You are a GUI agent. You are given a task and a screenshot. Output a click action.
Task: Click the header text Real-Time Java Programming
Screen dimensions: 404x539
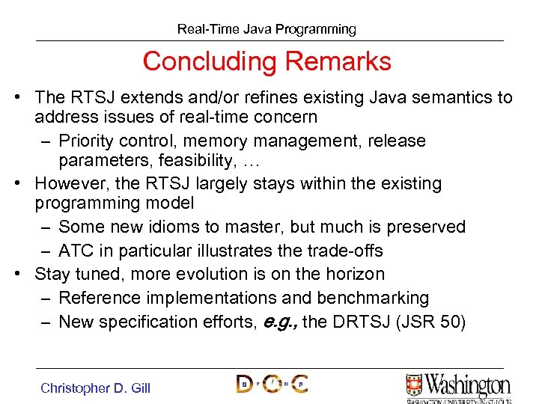click(x=267, y=29)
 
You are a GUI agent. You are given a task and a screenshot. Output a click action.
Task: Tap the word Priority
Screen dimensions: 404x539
click(x=88, y=141)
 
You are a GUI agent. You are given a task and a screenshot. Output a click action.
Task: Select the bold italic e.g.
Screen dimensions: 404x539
click(x=278, y=322)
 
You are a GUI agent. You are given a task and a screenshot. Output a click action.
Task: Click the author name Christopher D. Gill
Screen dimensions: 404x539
click(x=95, y=388)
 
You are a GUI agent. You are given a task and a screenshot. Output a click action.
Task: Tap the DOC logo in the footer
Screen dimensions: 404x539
click(x=271, y=385)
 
